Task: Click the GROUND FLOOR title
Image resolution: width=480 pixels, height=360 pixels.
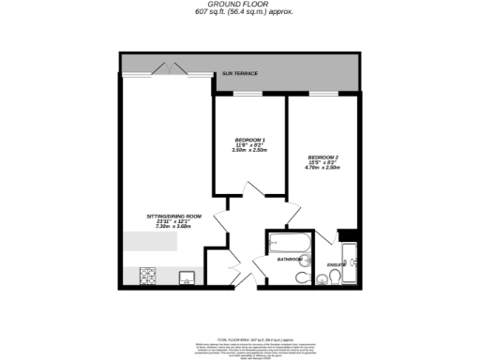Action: click(240, 5)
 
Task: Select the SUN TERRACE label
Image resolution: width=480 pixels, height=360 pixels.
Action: click(240, 72)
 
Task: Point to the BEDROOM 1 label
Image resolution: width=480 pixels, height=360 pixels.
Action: click(248, 140)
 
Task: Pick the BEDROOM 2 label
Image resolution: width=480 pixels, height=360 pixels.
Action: click(323, 157)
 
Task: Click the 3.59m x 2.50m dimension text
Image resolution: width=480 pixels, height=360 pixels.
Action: click(248, 151)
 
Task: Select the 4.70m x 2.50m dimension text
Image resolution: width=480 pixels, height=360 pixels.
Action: click(323, 168)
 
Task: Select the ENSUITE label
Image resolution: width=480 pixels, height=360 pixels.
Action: click(336, 265)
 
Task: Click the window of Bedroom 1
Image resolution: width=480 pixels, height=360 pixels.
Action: click(248, 95)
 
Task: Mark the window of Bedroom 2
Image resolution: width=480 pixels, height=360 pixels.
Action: click(323, 95)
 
